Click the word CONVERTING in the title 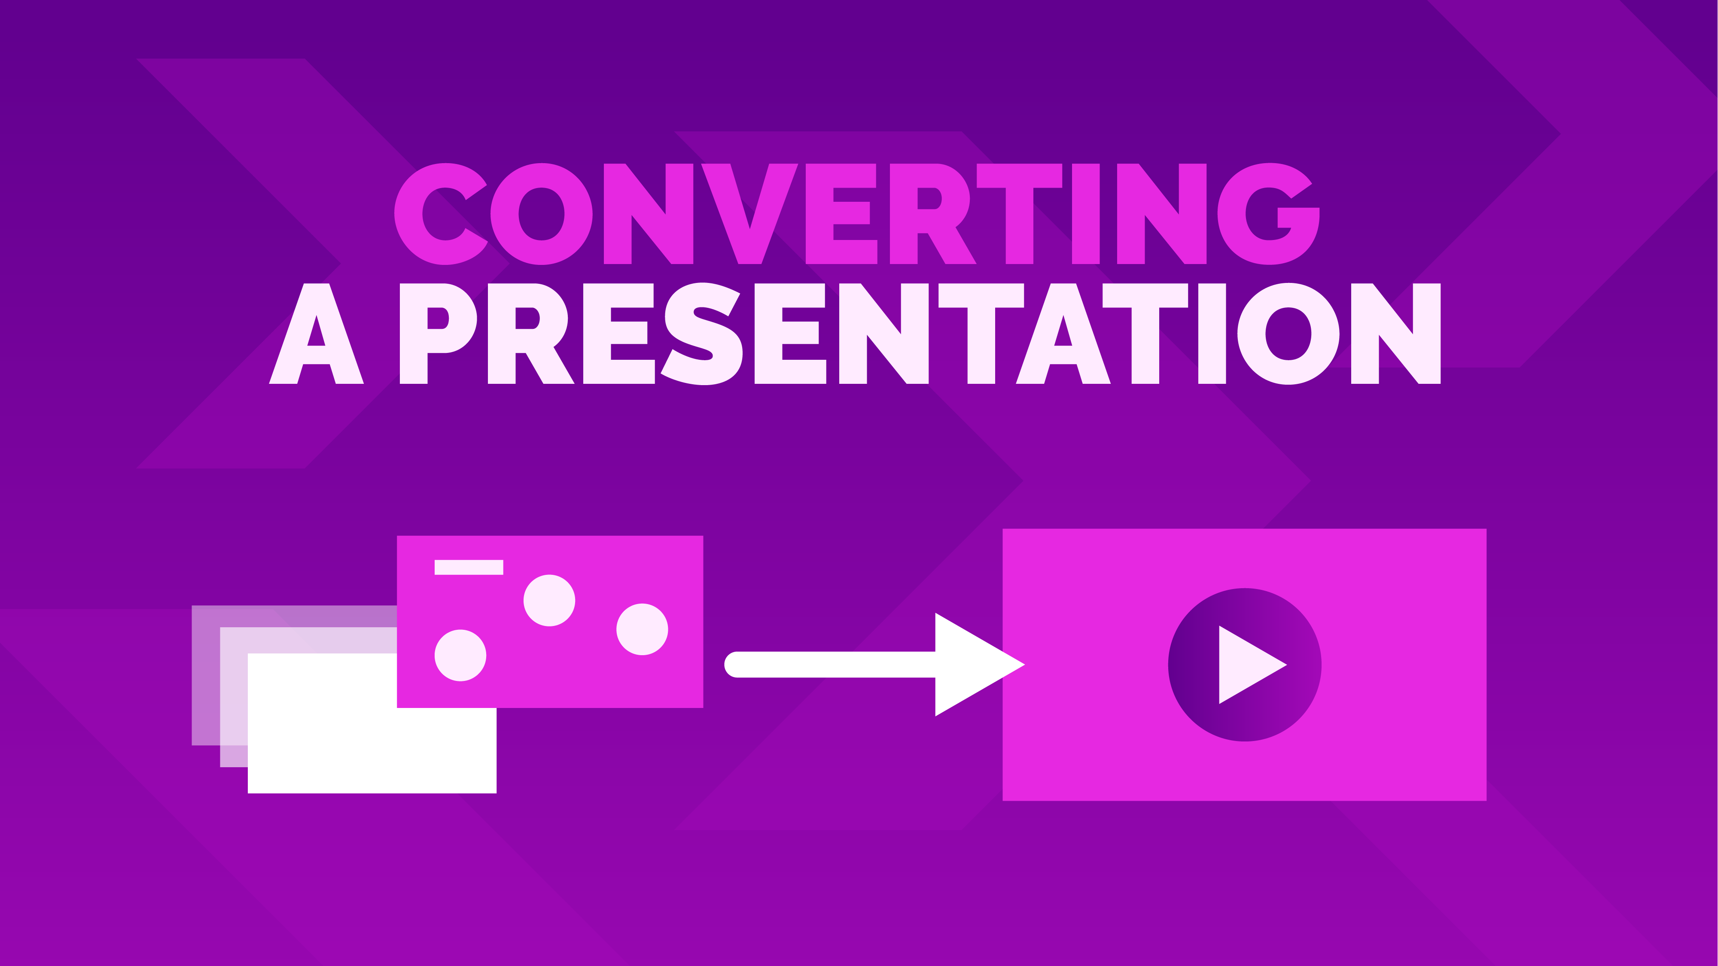point(857,213)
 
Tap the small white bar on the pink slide point(469,567)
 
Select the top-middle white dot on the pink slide point(550,601)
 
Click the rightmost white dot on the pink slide point(642,629)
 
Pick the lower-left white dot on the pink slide point(460,655)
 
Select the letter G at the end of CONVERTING point(1268,213)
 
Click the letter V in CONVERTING point(749,213)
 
